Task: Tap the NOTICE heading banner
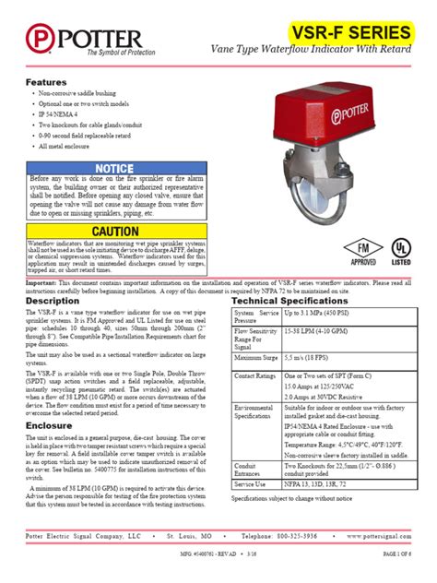pyautogui.click(x=115, y=168)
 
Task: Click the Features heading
pyautogui.click(x=45, y=82)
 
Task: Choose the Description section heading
pyautogui.click(x=53, y=301)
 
